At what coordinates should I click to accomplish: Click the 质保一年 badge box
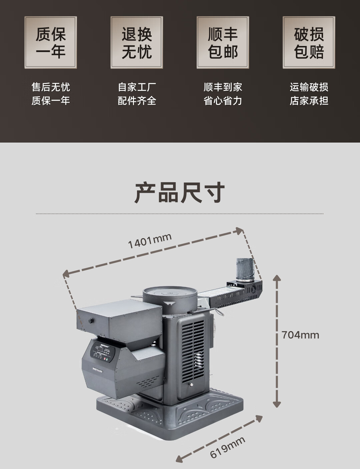pyautogui.click(x=51, y=43)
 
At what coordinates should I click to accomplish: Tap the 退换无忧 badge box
pyautogui.click(x=137, y=43)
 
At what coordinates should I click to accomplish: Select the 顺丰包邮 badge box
pyautogui.click(x=223, y=43)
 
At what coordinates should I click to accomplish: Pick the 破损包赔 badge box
pyautogui.click(x=309, y=43)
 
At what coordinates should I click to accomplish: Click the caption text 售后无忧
pyautogui.click(x=51, y=87)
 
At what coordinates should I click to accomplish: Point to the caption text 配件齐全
pyautogui.click(x=137, y=101)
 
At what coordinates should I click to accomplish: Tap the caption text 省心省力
pyautogui.click(x=223, y=101)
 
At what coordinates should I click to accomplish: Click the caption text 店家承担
pyautogui.click(x=309, y=101)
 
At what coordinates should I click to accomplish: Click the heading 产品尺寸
pyautogui.click(x=180, y=193)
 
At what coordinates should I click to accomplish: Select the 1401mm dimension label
pyautogui.click(x=150, y=241)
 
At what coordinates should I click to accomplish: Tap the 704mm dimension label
pyautogui.click(x=300, y=335)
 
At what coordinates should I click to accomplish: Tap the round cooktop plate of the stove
pyautogui.click(x=170, y=293)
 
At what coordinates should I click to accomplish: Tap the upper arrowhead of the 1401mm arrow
pyautogui.click(x=240, y=230)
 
